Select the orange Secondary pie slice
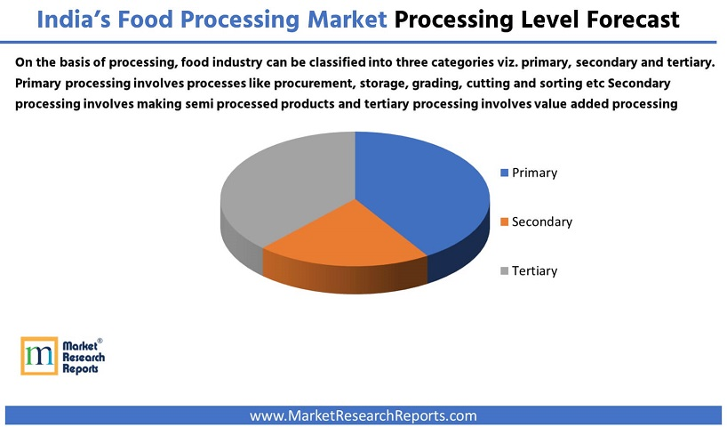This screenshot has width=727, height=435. pos(347,236)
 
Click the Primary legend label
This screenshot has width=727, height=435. pos(534,173)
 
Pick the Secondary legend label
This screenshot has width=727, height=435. pos(542,222)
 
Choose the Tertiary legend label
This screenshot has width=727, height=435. pos(534,270)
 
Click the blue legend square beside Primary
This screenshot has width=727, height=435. pos(505,173)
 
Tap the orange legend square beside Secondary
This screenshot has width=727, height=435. pos(505,222)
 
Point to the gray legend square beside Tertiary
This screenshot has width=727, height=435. pos(505,270)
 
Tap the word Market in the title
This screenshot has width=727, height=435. pos(337,19)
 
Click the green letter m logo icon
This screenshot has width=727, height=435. pos(38,356)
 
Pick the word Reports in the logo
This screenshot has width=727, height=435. pos(81,368)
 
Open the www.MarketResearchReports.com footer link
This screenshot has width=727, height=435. pos(363,415)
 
